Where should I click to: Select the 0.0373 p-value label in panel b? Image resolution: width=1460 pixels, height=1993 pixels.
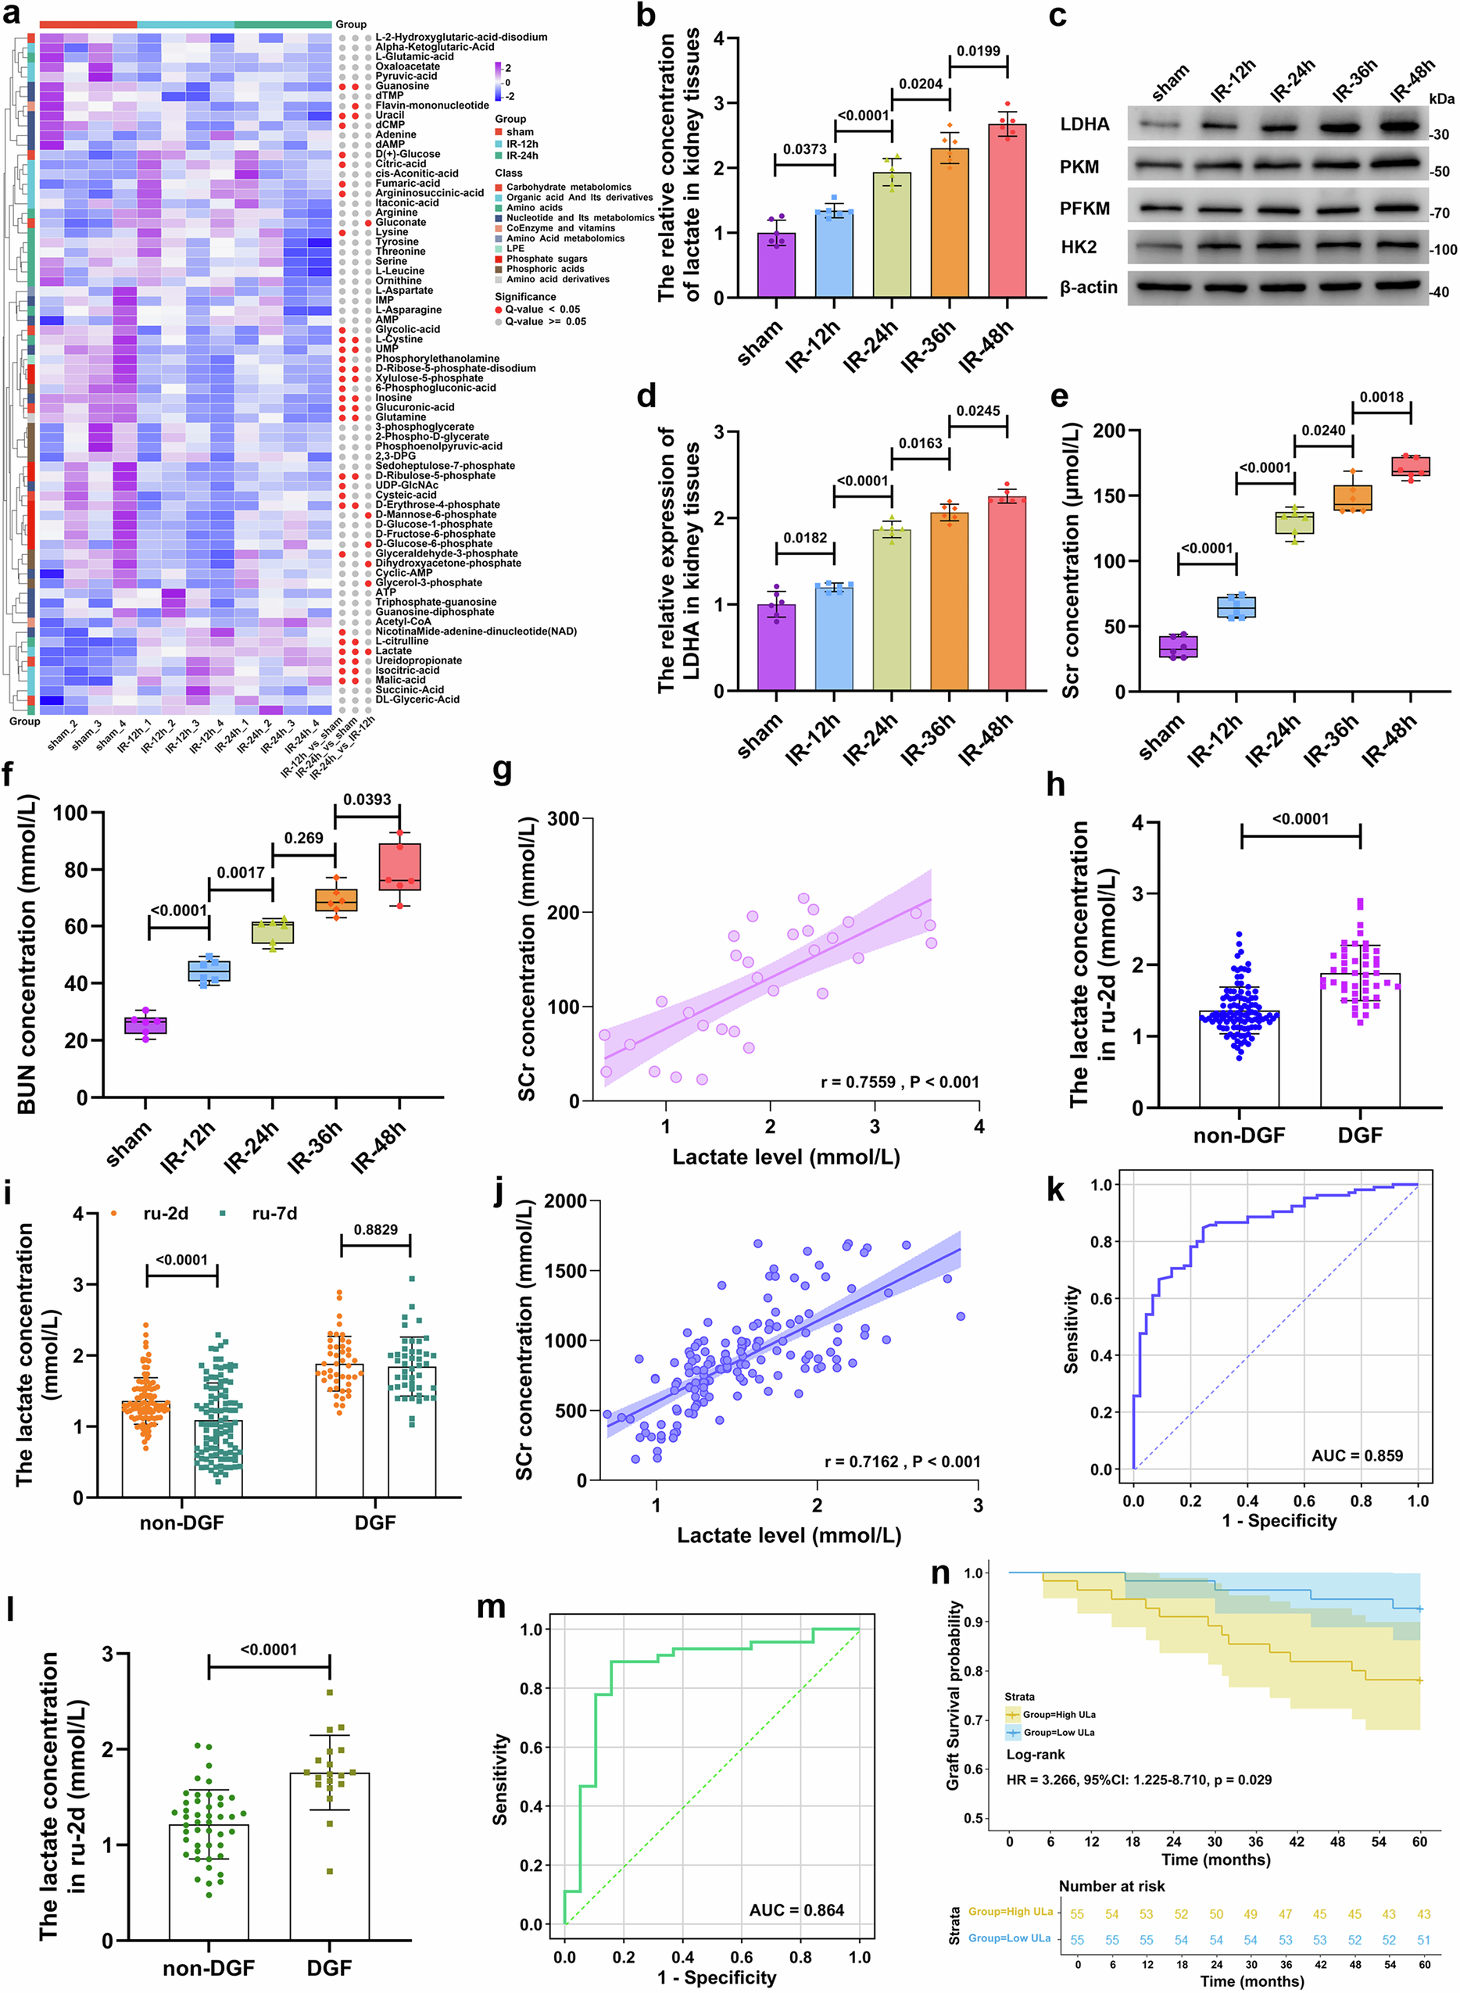click(804, 149)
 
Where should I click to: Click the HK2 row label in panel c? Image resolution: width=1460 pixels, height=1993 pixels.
click(1079, 248)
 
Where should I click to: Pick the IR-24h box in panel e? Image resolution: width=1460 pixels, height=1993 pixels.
click(1295, 522)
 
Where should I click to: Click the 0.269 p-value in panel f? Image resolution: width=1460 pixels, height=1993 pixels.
click(303, 838)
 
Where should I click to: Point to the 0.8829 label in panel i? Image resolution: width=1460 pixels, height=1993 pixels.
click(376, 1229)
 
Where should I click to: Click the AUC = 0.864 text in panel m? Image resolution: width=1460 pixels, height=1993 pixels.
click(796, 1910)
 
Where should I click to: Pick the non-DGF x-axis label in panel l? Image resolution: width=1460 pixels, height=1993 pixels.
click(209, 1968)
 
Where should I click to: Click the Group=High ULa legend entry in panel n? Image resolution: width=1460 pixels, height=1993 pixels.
click(1059, 1715)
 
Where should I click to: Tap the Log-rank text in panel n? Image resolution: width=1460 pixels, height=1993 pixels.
click(1036, 1755)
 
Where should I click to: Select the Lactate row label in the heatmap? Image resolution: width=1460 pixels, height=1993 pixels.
click(393, 650)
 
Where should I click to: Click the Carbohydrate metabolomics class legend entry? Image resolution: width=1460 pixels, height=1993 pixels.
click(568, 188)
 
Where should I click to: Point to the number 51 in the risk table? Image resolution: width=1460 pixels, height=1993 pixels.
click(1423, 1940)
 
